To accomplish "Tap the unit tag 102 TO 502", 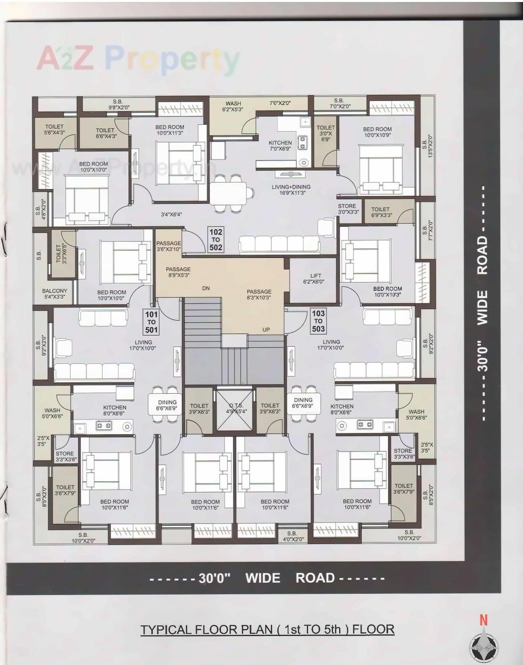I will click(216, 240).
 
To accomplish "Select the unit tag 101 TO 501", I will click(151, 322).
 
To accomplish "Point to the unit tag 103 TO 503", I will click(318, 321).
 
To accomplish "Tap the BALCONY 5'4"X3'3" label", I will click(54, 294).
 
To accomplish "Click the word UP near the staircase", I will click(266, 330).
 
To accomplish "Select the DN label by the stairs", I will click(206, 288).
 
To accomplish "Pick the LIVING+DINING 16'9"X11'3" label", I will click(291, 190).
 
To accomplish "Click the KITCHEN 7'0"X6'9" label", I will click(280, 145).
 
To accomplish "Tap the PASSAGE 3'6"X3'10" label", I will click(168, 246).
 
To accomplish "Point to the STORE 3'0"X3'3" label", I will click(348, 209).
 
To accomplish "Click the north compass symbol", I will click(483, 647).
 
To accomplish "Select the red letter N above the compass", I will click(483, 620).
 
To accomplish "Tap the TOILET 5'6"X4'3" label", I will click(54, 129).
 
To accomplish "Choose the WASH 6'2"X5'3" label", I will click(233, 106).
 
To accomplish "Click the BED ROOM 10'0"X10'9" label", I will click(377, 132).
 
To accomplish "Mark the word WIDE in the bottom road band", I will click(263, 578).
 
